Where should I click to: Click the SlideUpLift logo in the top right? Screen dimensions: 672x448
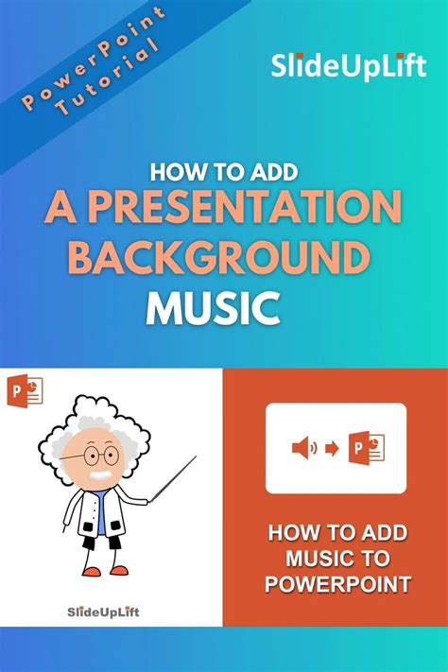[x=349, y=67]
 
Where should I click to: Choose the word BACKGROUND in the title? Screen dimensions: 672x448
[x=218, y=256]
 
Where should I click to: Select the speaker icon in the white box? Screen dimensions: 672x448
[x=302, y=449]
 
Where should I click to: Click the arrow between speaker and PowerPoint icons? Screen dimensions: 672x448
[x=331, y=449]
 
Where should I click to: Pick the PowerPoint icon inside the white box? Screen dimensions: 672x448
[x=365, y=448]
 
